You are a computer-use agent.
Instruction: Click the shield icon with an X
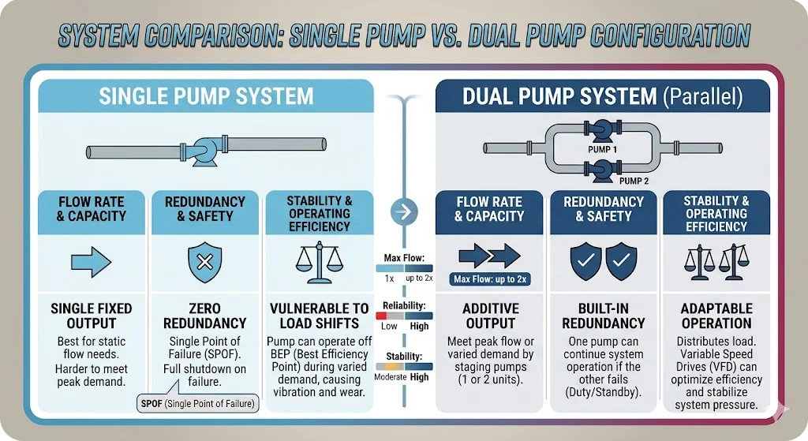204,260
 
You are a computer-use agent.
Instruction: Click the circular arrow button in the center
403,211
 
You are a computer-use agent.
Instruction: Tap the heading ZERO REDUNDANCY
205,316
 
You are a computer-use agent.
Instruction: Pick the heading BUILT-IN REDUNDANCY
604,316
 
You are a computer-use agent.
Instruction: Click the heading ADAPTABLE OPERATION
717,316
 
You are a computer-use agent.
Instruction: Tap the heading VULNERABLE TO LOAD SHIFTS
319,316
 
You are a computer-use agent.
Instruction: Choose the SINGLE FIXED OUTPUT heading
91,316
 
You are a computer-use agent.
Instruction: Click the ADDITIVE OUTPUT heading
490,316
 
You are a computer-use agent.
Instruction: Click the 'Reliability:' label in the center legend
404,306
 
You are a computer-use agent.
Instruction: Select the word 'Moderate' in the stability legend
389,377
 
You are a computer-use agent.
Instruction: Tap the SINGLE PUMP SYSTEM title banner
206,96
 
